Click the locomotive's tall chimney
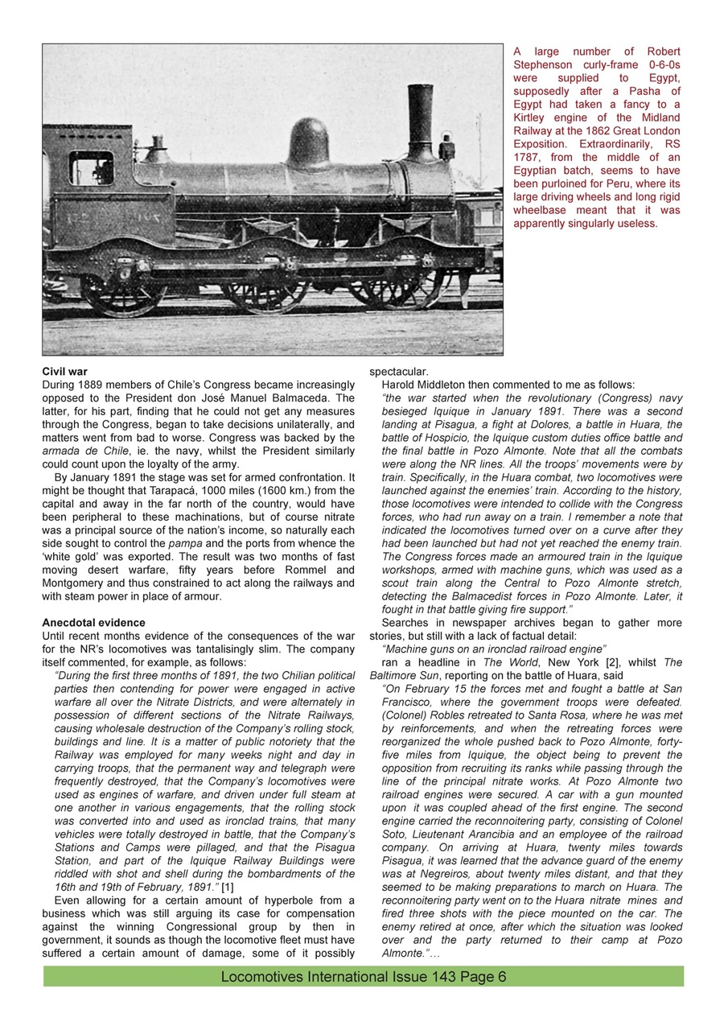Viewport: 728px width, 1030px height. pos(420,121)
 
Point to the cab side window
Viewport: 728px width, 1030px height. pos(90,168)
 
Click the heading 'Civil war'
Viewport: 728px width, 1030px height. pos(64,372)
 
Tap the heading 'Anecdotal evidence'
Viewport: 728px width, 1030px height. pos(93,623)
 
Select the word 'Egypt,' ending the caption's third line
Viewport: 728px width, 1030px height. pos(661,78)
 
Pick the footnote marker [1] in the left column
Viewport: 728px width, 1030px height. pos(228,887)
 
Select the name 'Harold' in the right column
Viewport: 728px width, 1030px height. pos(401,385)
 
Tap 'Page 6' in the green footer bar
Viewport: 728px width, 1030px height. pos(482,977)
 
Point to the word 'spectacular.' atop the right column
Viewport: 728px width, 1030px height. pos(398,372)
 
